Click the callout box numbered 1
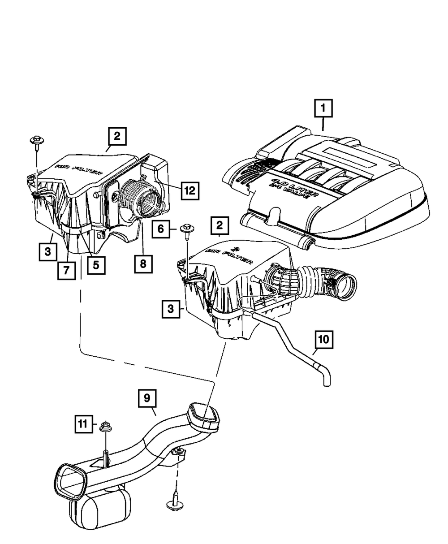point(324,109)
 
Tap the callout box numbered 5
point(96,264)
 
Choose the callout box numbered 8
point(143,264)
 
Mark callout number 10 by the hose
point(325,340)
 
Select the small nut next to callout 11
point(105,426)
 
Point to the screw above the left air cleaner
point(36,141)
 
